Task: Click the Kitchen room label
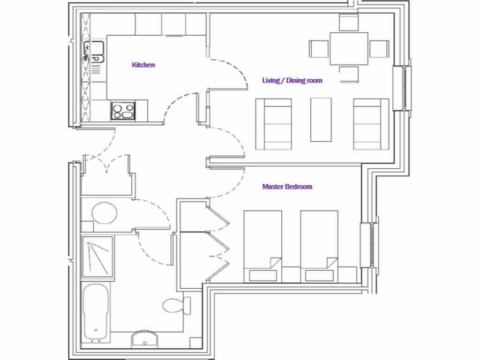click(x=143, y=65)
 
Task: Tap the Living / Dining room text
click(x=292, y=81)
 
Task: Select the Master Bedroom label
click(x=287, y=187)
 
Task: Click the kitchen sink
click(x=94, y=52)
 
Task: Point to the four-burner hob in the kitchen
click(x=123, y=112)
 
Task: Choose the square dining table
click(x=349, y=48)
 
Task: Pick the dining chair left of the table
click(x=319, y=49)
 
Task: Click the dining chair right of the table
click(x=379, y=49)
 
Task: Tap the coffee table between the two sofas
click(x=321, y=119)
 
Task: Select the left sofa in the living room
click(x=274, y=124)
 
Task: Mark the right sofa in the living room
click(x=371, y=124)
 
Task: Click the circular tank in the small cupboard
click(x=104, y=213)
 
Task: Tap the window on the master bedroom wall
click(x=370, y=245)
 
